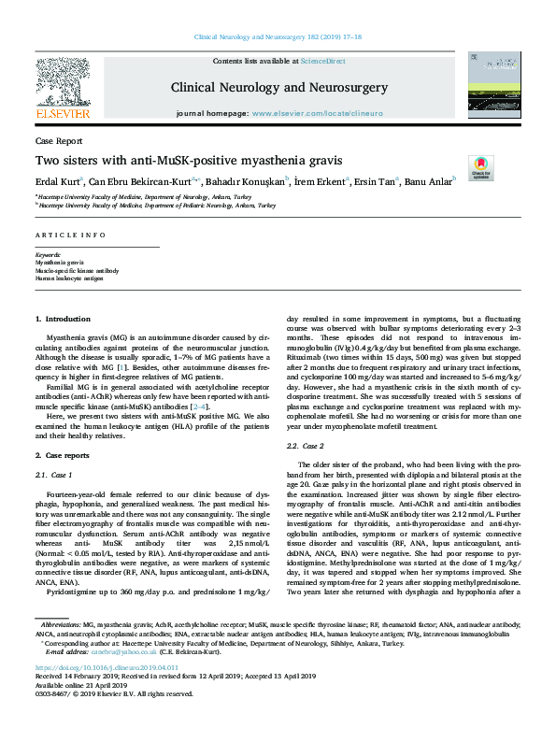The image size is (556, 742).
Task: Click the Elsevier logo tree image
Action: [63, 83]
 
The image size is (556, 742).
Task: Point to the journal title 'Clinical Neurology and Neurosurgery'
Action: [278, 87]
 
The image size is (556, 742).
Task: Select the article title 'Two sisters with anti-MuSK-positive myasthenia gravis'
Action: [189, 160]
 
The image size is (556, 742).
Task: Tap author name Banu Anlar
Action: [402, 179]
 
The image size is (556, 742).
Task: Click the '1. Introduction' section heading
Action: [64, 320]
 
